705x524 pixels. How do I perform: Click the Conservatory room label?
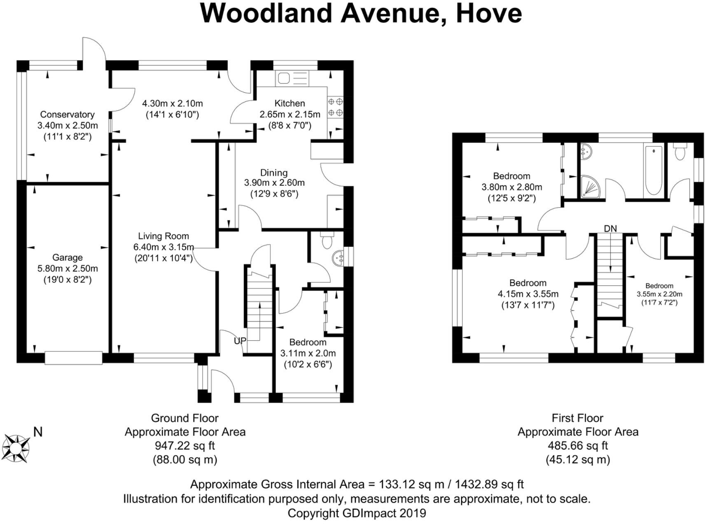tap(67, 115)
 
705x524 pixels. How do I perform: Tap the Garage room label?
tap(67, 257)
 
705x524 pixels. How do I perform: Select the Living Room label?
tap(163, 236)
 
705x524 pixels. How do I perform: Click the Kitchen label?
tap(289, 103)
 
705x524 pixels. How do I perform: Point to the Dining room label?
tap(274, 173)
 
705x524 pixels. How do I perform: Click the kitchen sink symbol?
tap(292, 78)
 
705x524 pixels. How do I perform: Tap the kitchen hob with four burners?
tap(335, 107)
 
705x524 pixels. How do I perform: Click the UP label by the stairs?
tap(240, 341)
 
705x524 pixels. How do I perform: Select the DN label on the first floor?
tap(610, 228)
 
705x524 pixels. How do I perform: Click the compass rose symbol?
tap(16, 448)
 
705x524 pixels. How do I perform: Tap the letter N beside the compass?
tap(38, 432)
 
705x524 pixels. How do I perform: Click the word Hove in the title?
tap(489, 13)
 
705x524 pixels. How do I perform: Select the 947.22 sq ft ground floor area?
tap(185, 446)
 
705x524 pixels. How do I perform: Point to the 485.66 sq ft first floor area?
tap(578, 446)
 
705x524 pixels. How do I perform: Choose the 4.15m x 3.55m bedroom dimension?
tap(528, 294)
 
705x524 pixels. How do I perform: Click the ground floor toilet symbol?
tap(327, 241)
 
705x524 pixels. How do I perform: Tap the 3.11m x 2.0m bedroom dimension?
tap(308, 353)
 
